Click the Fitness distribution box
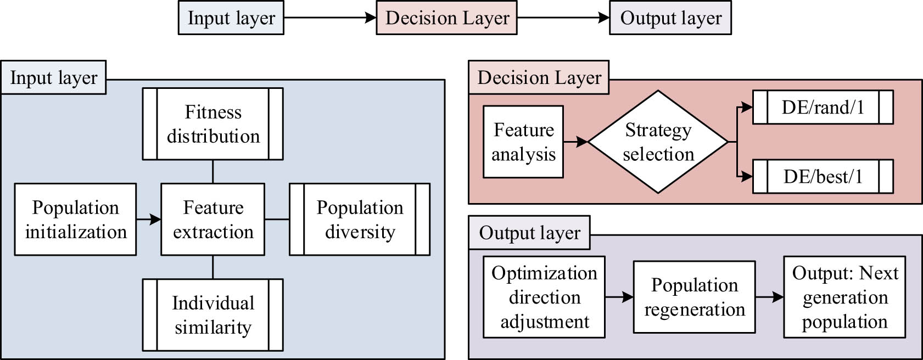[212, 124]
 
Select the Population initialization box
[75, 220]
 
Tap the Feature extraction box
[212, 220]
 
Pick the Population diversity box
[360, 220]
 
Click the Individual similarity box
[212, 315]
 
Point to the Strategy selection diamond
[658, 142]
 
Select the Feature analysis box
[523, 142]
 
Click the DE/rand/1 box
[823, 108]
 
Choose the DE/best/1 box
[823, 177]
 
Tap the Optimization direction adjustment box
[544, 297]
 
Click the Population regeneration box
[694, 297]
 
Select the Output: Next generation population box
[844, 297]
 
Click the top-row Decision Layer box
[446, 18]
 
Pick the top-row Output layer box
[670, 18]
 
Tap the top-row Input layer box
[231, 18]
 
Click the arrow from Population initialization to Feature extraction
[148, 220]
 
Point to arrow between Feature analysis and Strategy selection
[575, 142]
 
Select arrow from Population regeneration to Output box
[769, 297]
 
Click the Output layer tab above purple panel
[529, 233]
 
